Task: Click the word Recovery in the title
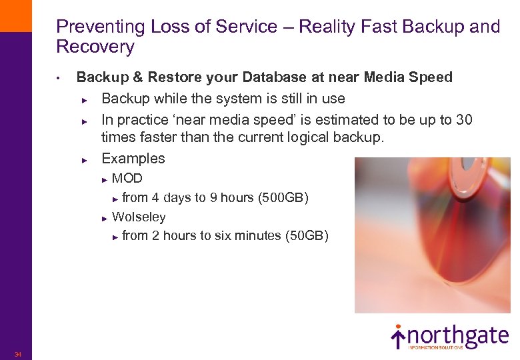[95, 47]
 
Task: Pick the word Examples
[133, 159]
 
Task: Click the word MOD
[127, 179]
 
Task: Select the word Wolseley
[139, 217]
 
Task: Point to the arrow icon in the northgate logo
[398, 336]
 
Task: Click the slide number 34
[18, 354]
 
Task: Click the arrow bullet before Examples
[85, 160]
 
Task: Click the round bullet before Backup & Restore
[59, 78]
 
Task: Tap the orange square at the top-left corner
[15, 15]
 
